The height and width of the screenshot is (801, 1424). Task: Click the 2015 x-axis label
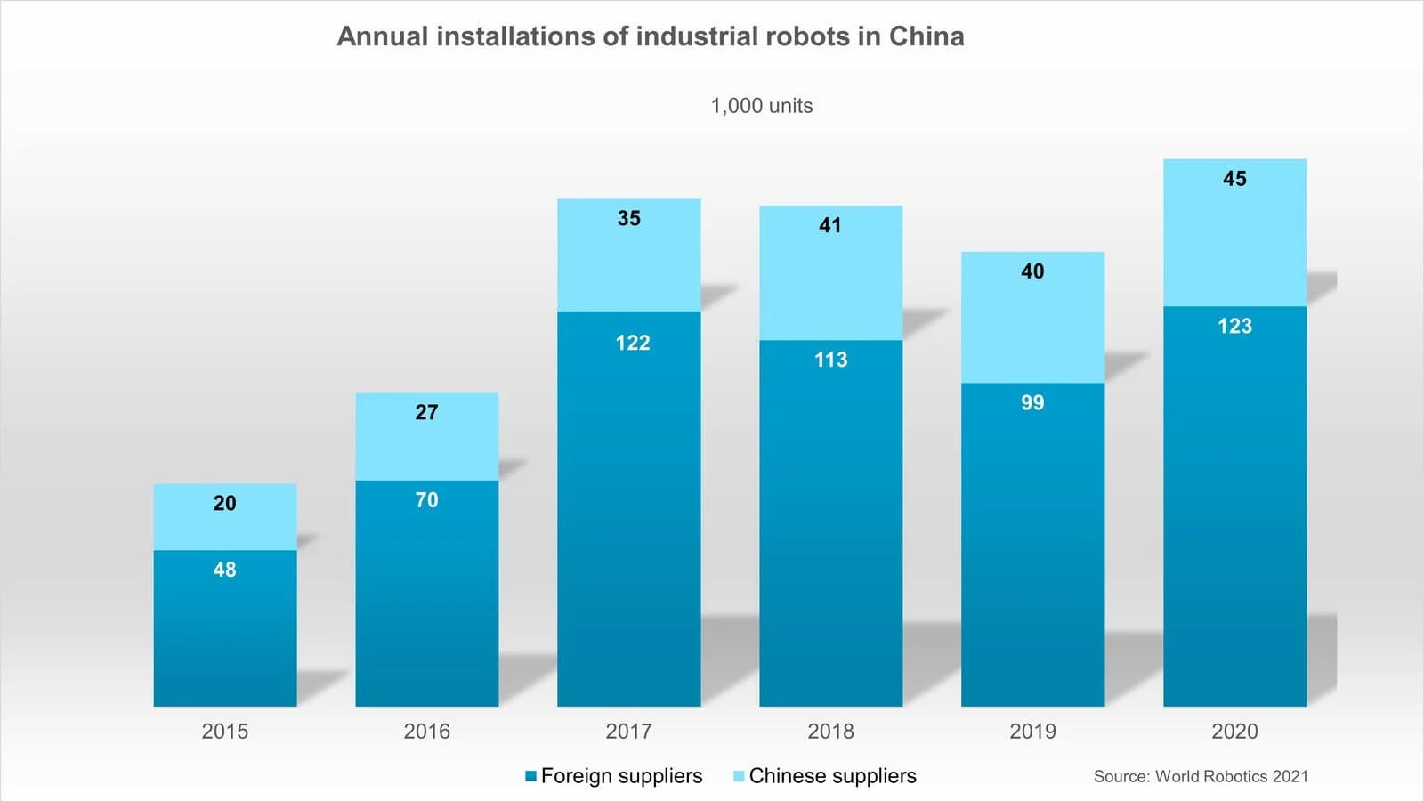click(224, 732)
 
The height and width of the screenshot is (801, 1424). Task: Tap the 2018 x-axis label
click(830, 732)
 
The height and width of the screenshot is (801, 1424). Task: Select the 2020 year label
click(1234, 732)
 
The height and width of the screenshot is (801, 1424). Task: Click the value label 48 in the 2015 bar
click(224, 570)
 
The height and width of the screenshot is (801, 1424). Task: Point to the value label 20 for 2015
click(224, 503)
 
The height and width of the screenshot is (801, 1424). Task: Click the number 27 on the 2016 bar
click(426, 412)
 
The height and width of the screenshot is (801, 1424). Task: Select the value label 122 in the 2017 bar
click(633, 343)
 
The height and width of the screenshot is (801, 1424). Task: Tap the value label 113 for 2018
click(830, 360)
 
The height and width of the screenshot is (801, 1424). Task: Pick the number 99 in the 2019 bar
click(1032, 402)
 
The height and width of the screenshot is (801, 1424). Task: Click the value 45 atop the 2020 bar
click(1234, 179)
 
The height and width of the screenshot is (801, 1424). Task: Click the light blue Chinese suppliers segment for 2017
click(628, 267)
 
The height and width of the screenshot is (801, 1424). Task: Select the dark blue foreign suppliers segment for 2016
click(426, 605)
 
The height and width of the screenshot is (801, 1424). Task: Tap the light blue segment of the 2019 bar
click(1032, 329)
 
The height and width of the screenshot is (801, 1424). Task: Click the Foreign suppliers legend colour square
click(530, 776)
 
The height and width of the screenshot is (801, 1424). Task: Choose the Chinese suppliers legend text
click(832, 776)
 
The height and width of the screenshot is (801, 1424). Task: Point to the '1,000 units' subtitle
click(761, 106)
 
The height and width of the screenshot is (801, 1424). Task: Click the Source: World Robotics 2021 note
click(1201, 776)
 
